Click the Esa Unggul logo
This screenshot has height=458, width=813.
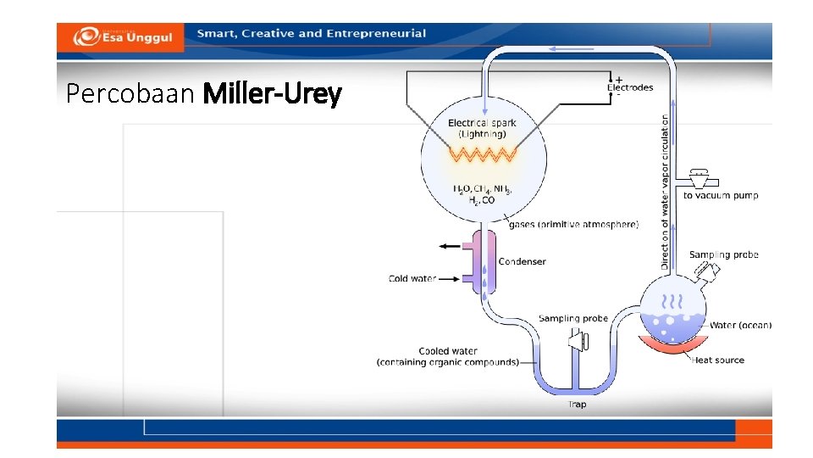click(122, 36)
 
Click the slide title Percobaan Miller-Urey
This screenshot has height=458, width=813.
click(203, 94)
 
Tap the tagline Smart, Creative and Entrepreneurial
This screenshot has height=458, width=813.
click(312, 34)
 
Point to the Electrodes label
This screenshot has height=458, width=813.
click(630, 87)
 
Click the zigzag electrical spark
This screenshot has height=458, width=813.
click(482, 154)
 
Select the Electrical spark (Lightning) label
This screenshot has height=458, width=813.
click(482, 128)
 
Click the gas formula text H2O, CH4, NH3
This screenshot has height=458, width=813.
click(482, 189)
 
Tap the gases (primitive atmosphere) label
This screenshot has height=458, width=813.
click(573, 225)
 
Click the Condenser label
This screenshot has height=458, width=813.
click(522, 261)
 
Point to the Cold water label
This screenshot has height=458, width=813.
click(412, 278)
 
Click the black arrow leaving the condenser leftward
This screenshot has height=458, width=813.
click(449, 246)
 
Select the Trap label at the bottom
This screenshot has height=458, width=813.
click(577, 405)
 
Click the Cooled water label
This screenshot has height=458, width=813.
click(448, 351)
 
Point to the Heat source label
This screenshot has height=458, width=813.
click(718, 360)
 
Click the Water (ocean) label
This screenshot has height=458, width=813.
click(740, 325)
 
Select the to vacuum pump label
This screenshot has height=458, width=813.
click(721, 195)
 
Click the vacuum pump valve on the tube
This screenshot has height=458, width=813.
click(700, 180)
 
